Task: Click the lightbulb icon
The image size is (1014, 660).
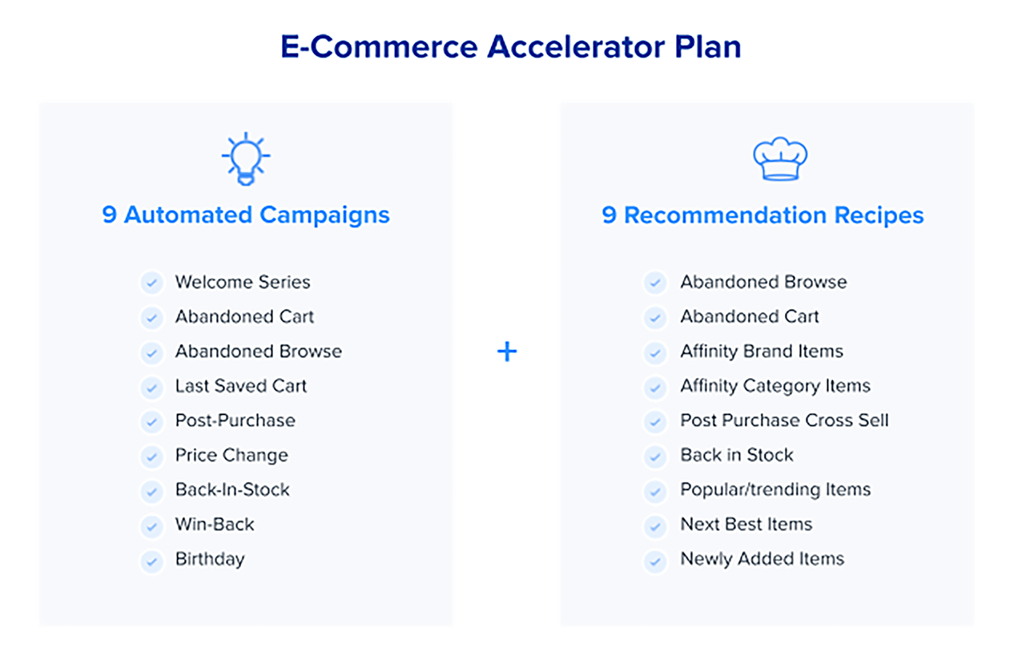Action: pos(246,159)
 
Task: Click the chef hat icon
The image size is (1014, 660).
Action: pos(780,159)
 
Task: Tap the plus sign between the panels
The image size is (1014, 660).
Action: pos(507,352)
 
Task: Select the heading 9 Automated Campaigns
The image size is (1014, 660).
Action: pos(246,215)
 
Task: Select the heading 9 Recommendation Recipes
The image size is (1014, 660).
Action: pos(763,215)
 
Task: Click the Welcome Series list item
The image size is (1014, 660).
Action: pos(243,282)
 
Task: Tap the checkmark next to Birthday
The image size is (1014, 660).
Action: pos(151,561)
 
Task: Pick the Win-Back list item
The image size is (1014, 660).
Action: pos(215,524)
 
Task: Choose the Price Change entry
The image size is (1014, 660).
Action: pos(231,456)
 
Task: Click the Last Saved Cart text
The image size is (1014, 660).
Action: pos(241,386)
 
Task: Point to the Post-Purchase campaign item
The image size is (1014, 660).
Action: pos(235,421)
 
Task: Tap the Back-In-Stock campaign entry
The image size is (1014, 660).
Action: pos(232,489)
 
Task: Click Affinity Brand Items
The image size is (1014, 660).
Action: pos(762,352)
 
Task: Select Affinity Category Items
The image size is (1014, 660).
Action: pos(775,386)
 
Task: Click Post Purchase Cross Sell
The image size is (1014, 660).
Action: pos(784,420)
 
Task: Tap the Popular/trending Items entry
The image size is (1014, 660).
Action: pos(775,490)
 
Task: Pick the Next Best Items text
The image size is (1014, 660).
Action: pos(746,524)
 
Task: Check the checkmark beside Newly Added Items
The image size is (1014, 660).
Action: pos(655,561)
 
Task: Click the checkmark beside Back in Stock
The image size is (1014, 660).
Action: pos(655,457)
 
